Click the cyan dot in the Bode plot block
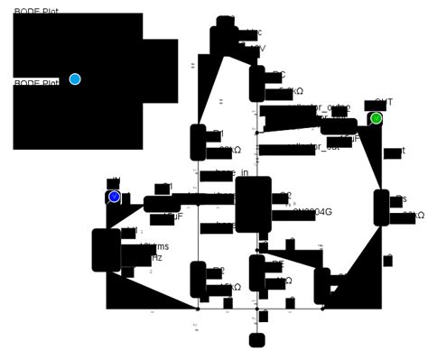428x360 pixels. pyautogui.click(x=75, y=79)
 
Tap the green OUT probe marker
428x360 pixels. pyautogui.click(x=377, y=118)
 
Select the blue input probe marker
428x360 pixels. pyautogui.click(x=114, y=197)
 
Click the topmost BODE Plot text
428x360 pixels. pyautogui.click(x=36, y=12)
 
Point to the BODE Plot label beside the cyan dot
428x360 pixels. pyautogui.click(x=36, y=83)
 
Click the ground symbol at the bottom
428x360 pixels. pyautogui.click(x=257, y=340)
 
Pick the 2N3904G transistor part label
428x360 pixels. pyautogui.click(x=315, y=213)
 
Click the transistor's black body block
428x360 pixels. pyautogui.click(x=253, y=204)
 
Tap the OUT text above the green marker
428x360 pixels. pyautogui.click(x=384, y=103)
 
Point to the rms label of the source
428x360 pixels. pyautogui.click(x=157, y=246)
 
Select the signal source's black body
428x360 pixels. pyautogui.click(x=106, y=250)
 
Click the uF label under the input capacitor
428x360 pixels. pyautogui.click(x=173, y=217)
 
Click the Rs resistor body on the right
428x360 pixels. pyautogui.click(x=381, y=208)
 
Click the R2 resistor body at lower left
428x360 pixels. pyautogui.click(x=198, y=280)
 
